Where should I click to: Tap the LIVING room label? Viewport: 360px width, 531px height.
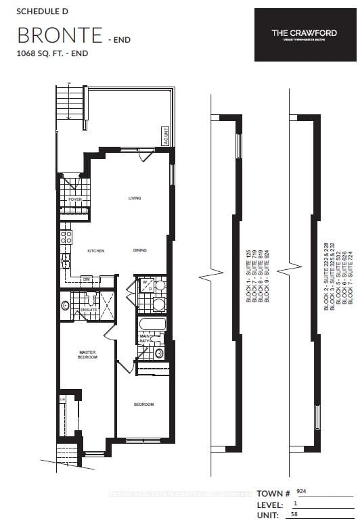[x=135, y=198]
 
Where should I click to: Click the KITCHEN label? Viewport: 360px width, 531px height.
[x=95, y=250]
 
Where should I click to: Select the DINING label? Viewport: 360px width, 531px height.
[x=139, y=250]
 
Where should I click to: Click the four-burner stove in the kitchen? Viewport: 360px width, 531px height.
[x=67, y=237]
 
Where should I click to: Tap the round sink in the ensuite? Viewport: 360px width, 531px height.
[x=66, y=306]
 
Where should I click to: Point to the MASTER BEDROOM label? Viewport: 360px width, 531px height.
[x=87, y=354]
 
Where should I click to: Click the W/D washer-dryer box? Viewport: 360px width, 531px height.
[x=145, y=286]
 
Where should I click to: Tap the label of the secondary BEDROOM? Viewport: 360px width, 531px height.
[x=143, y=405]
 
